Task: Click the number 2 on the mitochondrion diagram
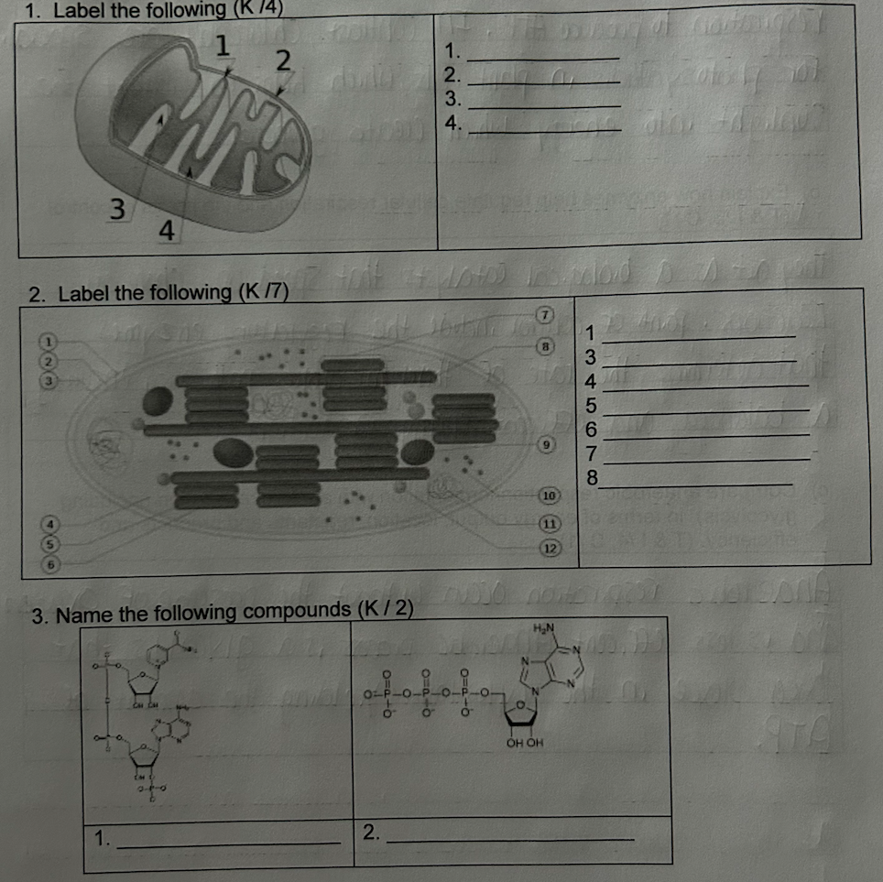283,60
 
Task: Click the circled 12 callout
549,548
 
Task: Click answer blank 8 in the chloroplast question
696,483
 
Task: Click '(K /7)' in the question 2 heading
263,293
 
